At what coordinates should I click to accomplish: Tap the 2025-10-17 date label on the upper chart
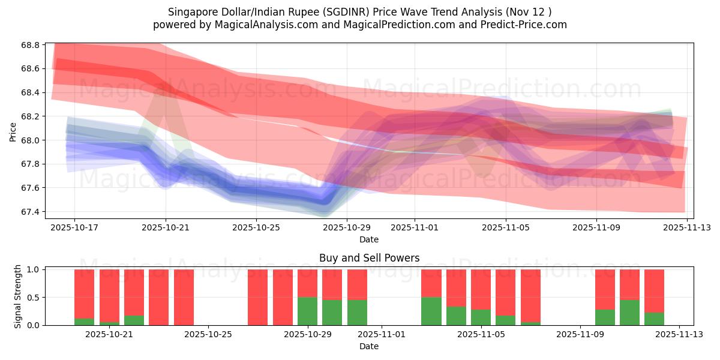pos(74,227)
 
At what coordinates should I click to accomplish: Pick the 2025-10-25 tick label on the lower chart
pos(208,334)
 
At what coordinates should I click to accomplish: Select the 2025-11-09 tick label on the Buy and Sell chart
pos(580,334)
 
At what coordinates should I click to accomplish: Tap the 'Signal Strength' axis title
pos(18,296)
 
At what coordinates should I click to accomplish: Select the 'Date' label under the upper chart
pos(368,239)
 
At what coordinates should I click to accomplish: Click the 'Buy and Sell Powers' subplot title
pos(368,259)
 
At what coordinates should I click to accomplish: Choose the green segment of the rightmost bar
pos(654,319)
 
